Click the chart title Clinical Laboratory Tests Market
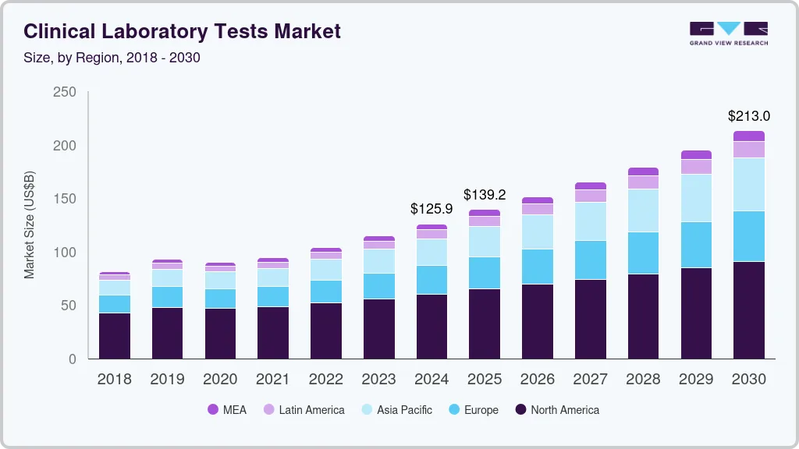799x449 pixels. click(x=182, y=31)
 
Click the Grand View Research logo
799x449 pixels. click(x=728, y=33)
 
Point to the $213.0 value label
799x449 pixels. click(x=749, y=116)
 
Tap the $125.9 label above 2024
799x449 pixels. click(x=431, y=209)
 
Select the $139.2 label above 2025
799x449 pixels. click(x=485, y=194)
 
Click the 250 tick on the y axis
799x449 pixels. click(x=65, y=92)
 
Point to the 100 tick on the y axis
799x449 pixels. click(x=65, y=253)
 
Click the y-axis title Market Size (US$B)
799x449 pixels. click(x=30, y=225)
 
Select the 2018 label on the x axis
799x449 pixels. click(x=114, y=380)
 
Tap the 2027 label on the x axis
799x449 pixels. click(x=590, y=380)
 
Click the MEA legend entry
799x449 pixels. click(x=227, y=409)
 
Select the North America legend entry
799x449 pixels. click(x=556, y=409)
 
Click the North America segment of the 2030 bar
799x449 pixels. click(x=749, y=310)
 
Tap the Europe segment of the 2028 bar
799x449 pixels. click(x=643, y=253)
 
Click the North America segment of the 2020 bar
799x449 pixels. click(x=220, y=334)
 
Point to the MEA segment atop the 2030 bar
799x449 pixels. click(x=749, y=136)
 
